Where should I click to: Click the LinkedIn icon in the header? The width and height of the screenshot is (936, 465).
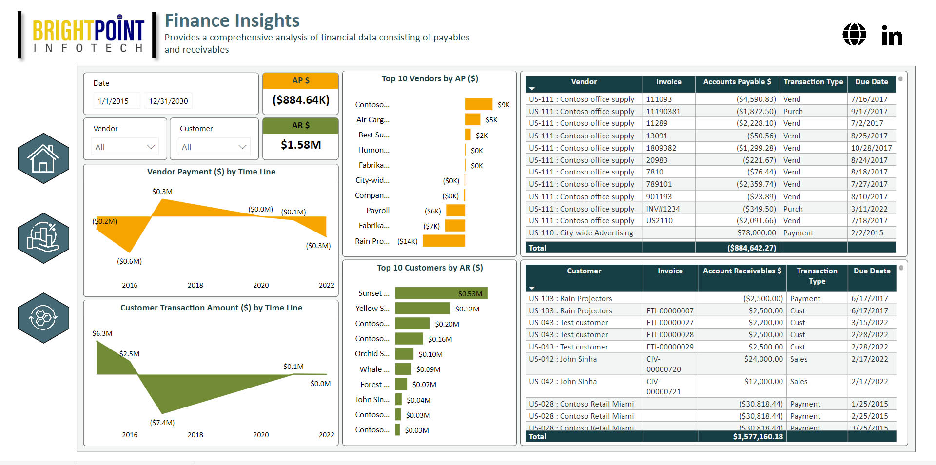(x=892, y=35)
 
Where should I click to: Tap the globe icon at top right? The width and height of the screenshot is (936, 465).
(x=854, y=35)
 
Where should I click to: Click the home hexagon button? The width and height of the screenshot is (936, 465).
(x=43, y=158)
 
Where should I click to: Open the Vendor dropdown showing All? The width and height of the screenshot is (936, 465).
(x=125, y=147)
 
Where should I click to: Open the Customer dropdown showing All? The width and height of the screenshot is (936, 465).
(x=214, y=147)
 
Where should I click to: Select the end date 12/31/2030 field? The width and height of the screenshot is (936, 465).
(x=168, y=101)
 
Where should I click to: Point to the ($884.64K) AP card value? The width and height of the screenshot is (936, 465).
(x=301, y=100)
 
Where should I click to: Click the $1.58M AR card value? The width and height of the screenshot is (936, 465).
(x=301, y=145)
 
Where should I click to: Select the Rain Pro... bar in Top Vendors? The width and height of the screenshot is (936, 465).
(x=444, y=241)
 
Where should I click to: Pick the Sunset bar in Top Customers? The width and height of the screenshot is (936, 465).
(x=441, y=293)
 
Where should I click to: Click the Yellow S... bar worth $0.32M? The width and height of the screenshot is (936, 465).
(x=422, y=309)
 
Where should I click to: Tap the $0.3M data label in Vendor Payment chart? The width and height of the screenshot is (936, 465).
(x=162, y=192)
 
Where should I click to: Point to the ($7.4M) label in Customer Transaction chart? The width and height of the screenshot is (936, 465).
(x=162, y=423)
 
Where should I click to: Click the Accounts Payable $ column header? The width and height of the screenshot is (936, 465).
(x=737, y=82)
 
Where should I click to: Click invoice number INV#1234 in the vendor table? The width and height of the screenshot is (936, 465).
(x=663, y=209)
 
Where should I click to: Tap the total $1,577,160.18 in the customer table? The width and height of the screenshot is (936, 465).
(x=758, y=437)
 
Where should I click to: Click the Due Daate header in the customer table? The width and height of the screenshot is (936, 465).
(x=872, y=271)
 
